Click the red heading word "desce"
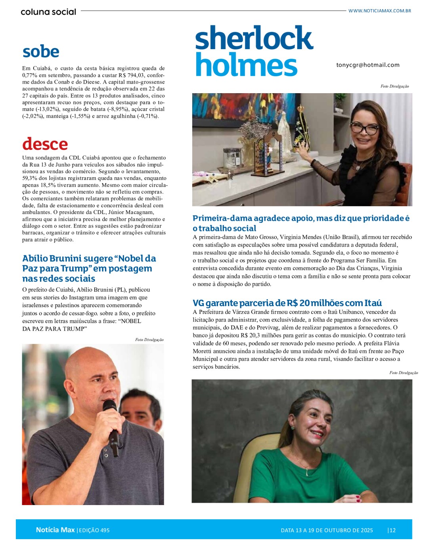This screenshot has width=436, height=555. coord(45,144)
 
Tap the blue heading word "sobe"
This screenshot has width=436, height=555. coord(41,52)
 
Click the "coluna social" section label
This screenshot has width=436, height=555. coord(48,12)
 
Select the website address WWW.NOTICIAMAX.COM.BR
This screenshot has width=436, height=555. coord(379,11)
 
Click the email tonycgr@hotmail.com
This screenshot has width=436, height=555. coord(368,65)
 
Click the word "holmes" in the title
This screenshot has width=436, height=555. coord(246,65)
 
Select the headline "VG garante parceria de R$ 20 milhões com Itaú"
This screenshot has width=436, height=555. coord(287,303)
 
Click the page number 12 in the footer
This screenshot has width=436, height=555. coord(392,530)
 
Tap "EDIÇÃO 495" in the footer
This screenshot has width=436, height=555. coord(94,530)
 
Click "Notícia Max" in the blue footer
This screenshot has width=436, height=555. coord(55,530)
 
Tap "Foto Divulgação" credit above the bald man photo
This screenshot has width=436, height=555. coord(149,340)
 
